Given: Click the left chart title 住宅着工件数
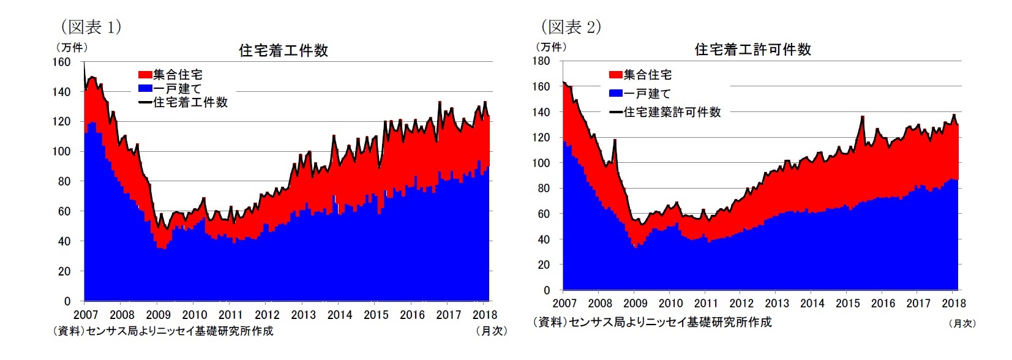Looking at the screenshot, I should tap(283, 50).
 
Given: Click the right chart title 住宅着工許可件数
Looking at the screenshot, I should tap(752, 50).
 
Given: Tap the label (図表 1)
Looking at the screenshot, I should tap(90, 27).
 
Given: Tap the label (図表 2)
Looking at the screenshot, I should tap(571, 27).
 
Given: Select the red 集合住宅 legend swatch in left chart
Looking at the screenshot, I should tap(145, 75).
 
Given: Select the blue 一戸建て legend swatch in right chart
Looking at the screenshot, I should tap(616, 93).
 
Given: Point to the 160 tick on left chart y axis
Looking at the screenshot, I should tap(62, 62).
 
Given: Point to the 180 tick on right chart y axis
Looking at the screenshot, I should tap(541, 61).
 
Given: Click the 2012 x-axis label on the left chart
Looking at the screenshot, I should tap(267, 315).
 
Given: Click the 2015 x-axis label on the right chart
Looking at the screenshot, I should tap(848, 303).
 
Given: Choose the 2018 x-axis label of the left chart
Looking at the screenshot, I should tap(484, 315).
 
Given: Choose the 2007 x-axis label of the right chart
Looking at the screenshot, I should tap(564, 303).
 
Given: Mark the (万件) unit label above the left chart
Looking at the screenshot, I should tap(72, 47).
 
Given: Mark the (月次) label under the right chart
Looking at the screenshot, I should tap(962, 323).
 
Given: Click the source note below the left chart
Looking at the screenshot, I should tap(163, 331).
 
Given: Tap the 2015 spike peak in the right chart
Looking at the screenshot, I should tap(862, 116).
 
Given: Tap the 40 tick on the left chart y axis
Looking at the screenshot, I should tap(64, 241).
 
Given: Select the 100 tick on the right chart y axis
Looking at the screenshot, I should tap(541, 163).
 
